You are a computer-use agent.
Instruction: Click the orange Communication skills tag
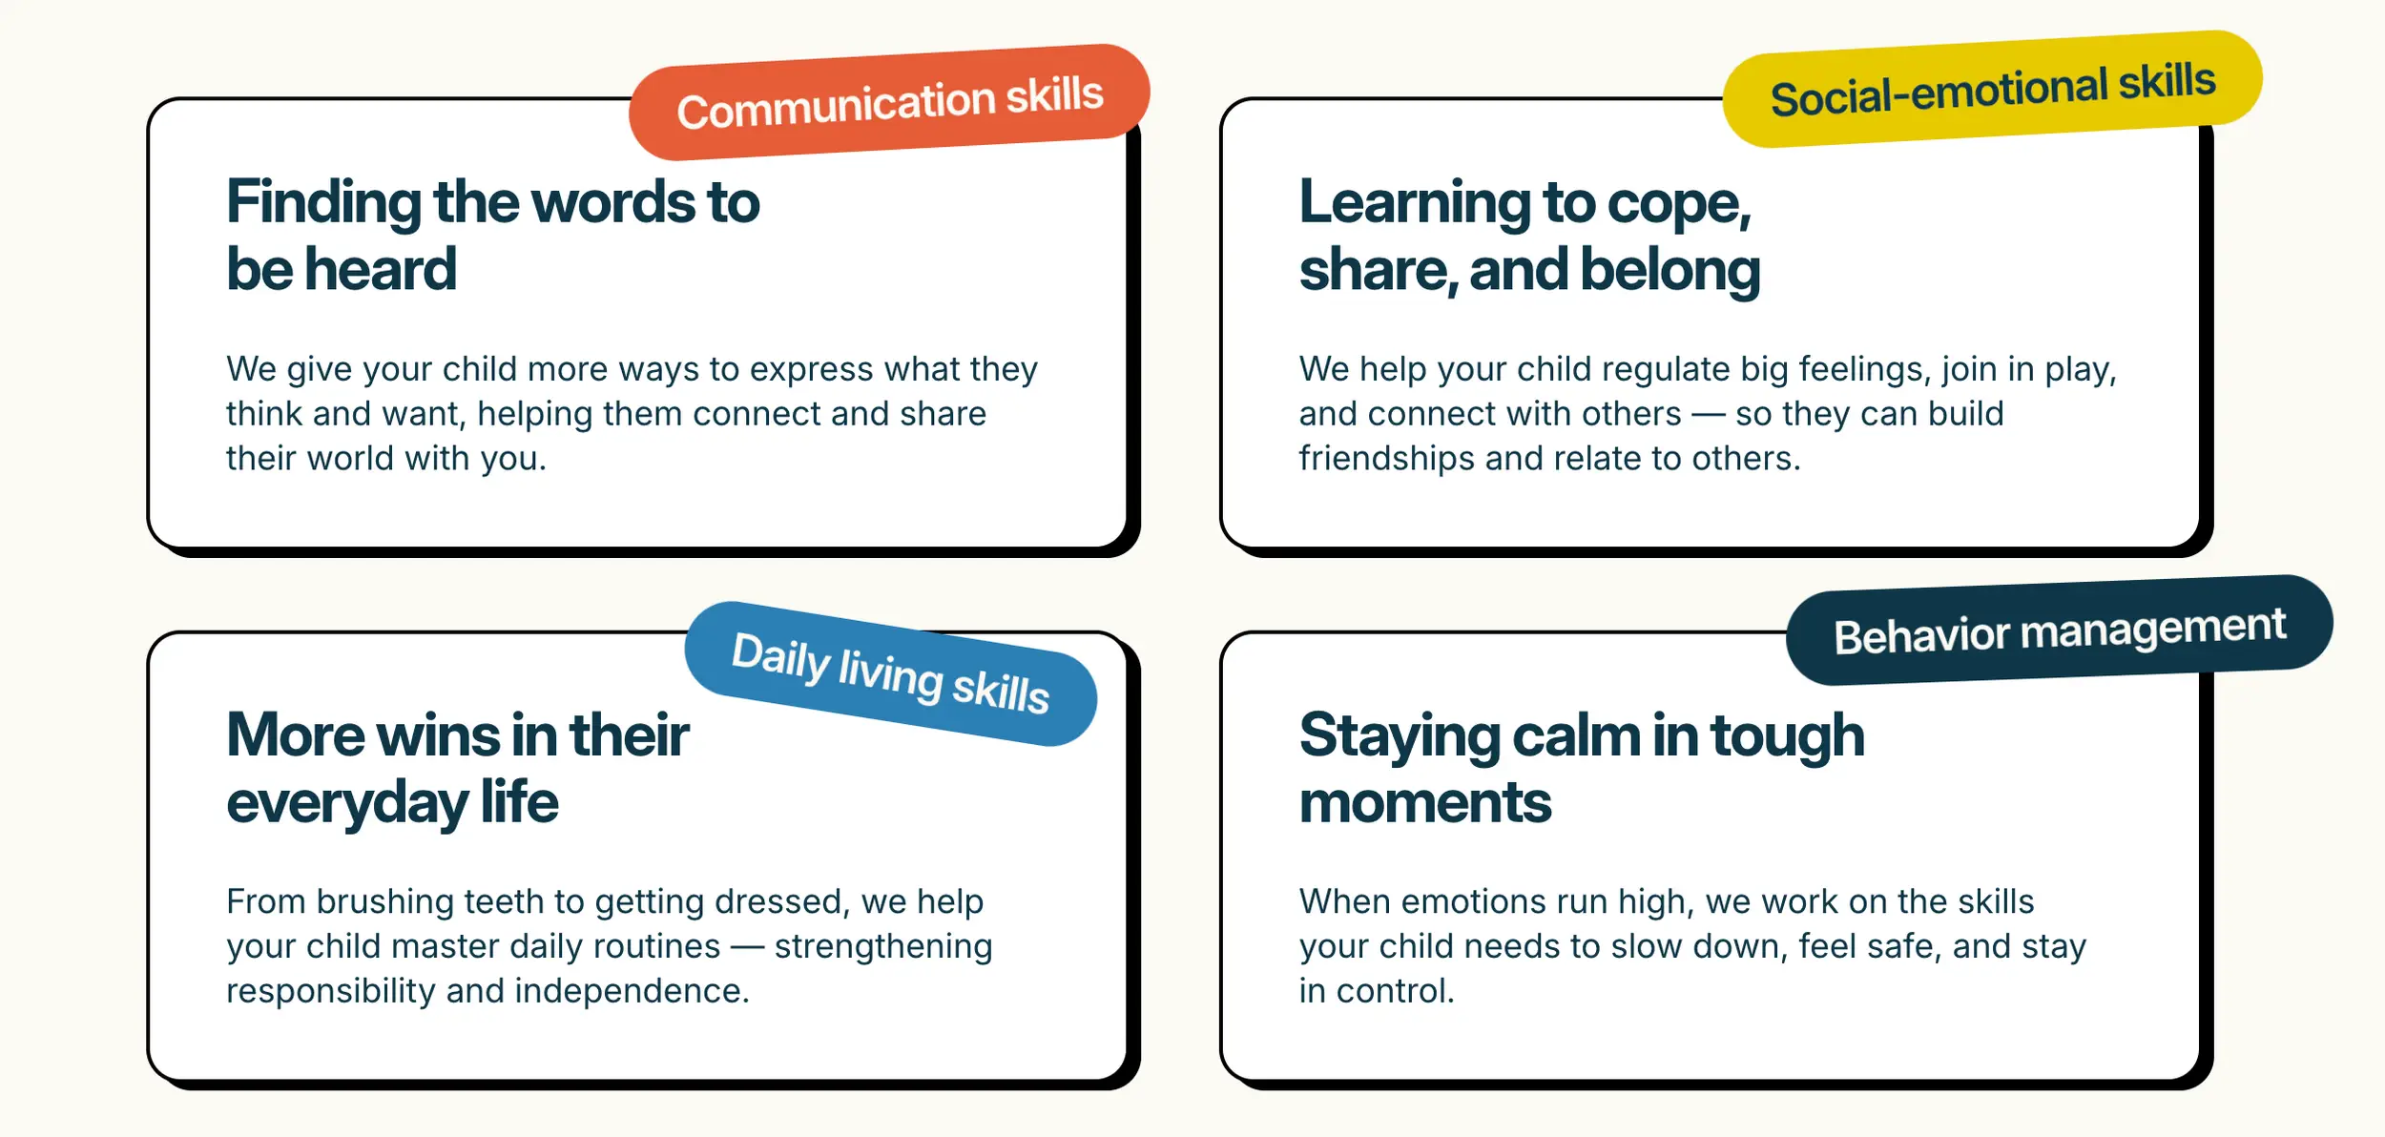tap(889, 102)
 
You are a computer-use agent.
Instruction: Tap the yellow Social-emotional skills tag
tap(1992, 90)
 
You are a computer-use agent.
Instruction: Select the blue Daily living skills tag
tap(891, 673)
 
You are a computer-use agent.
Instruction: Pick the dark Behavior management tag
tap(2060, 631)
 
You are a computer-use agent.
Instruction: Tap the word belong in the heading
tap(1670, 271)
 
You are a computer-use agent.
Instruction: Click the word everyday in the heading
tap(347, 803)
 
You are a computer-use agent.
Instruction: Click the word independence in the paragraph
tap(632, 991)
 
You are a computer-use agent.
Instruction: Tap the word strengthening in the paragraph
tap(883, 947)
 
